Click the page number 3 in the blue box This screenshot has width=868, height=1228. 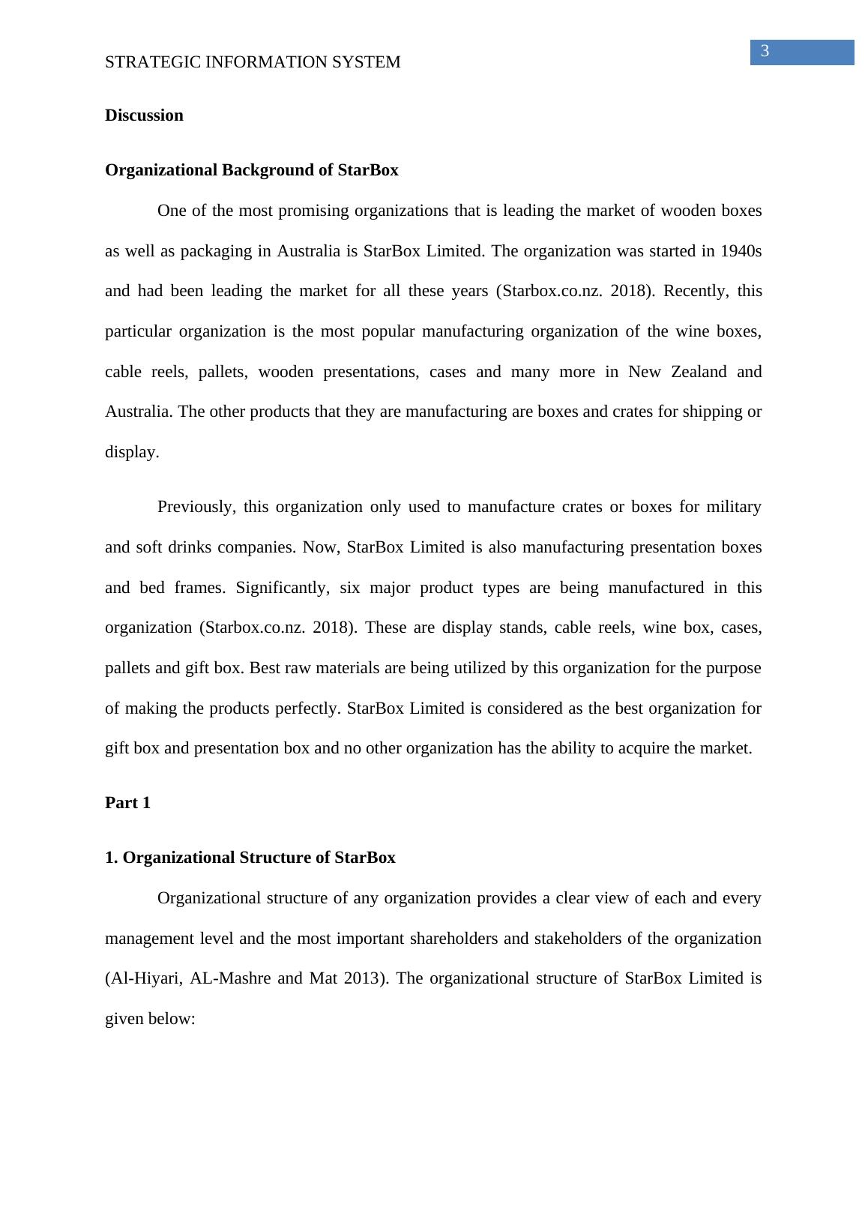point(765,52)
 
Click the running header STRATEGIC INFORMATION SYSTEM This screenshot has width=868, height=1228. point(253,62)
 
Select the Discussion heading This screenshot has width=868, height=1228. point(144,115)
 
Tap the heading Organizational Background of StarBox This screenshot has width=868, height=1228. point(251,170)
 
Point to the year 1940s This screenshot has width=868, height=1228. point(741,251)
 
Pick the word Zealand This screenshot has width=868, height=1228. point(695,372)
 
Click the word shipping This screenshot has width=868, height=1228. point(714,412)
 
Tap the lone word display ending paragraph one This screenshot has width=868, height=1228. point(131,452)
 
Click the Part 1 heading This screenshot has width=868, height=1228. point(127,803)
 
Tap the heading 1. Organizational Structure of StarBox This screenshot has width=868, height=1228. point(250,858)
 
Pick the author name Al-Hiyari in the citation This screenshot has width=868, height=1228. point(145,978)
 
